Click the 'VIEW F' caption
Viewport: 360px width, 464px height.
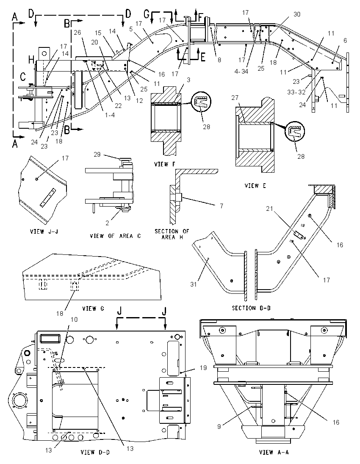pyautogui.click(x=165, y=164)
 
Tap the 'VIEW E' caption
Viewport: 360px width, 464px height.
pyautogui.click(x=255, y=185)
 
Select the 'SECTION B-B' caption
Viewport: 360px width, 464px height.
pyautogui.click(x=251, y=308)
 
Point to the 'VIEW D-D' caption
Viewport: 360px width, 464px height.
pyautogui.click(x=95, y=452)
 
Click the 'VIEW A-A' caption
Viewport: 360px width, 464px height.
pyautogui.click(x=274, y=452)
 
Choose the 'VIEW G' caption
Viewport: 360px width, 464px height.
pyautogui.click(x=93, y=309)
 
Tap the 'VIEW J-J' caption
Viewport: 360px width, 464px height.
pyautogui.click(x=44, y=232)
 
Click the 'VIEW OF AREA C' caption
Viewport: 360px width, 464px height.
pyautogui.click(x=115, y=236)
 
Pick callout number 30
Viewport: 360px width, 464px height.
pyautogui.click(x=297, y=14)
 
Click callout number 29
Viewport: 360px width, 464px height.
pyautogui.click(x=97, y=155)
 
